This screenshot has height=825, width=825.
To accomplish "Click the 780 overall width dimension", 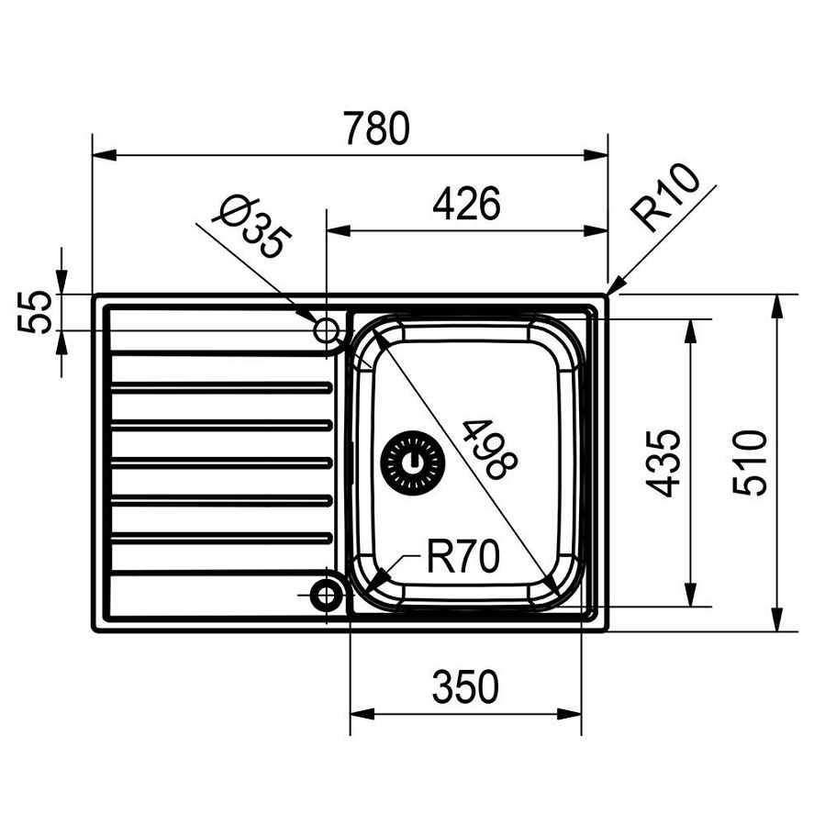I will point(375,129).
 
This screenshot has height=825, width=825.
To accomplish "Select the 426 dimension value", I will point(466,204).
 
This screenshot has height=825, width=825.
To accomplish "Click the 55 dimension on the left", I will point(34,312).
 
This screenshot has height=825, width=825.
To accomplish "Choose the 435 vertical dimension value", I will point(664,463).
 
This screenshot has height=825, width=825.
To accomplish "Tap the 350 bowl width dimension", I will point(466,686).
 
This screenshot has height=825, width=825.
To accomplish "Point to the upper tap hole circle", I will point(326,329).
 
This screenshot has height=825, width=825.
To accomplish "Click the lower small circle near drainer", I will point(326,596).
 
